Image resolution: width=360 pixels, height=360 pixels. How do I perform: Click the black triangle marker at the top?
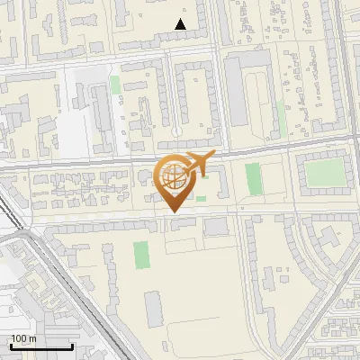pos(182,24)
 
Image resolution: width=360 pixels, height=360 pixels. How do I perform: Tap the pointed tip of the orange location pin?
pos(174,211)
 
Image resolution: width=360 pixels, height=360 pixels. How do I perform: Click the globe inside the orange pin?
pos(173,177)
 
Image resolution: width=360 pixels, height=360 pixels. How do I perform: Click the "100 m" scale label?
pos(23,338)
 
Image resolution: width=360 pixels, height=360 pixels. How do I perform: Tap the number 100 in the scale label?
pos(18,338)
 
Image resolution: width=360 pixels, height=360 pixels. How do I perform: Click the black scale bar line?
pos(40,347)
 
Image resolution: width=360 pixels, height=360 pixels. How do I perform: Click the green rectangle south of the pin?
pos(141,255)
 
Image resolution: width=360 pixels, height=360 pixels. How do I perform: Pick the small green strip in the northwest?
pos(114,85)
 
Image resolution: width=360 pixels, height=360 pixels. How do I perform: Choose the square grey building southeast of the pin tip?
pos(216,226)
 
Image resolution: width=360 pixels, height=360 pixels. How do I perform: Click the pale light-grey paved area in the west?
pos(76,117)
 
